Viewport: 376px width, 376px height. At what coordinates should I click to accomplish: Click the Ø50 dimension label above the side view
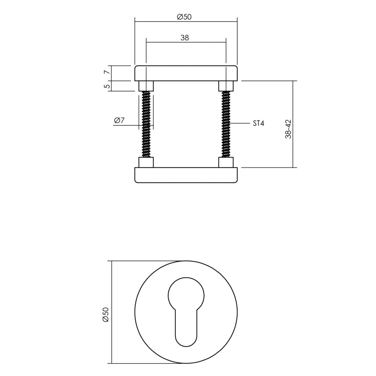click(184, 17)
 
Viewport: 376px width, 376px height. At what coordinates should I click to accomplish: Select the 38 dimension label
click(185, 38)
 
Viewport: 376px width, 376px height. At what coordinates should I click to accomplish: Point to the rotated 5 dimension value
click(108, 86)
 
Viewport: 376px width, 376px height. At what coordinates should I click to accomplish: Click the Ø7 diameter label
click(119, 120)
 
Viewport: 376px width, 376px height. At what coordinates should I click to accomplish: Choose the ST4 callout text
click(258, 123)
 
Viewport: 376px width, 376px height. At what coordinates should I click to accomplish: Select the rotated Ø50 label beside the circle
click(106, 314)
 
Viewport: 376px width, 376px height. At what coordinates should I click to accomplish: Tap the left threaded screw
click(146, 124)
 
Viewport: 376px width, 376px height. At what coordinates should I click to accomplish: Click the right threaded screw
click(226, 124)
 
